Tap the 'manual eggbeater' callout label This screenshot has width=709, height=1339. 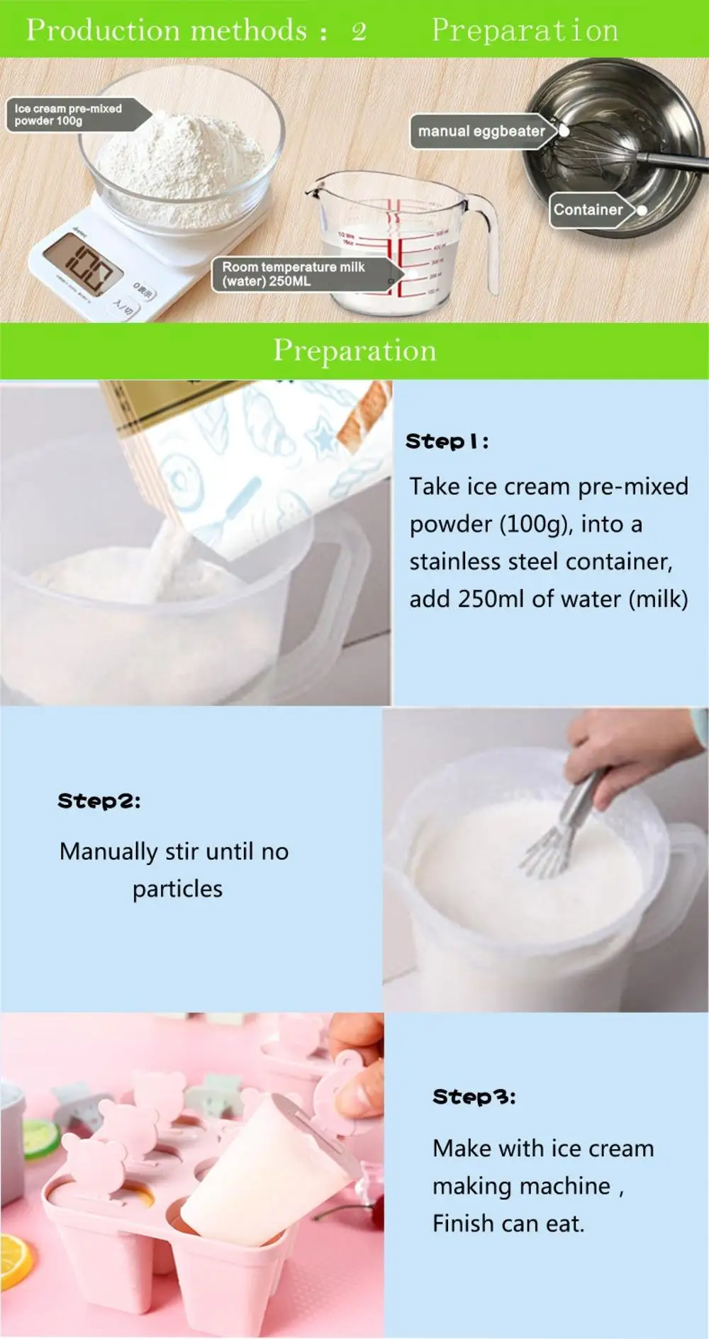(x=481, y=131)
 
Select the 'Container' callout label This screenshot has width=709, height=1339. (x=588, y=210)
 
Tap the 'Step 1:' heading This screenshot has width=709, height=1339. (x=447, y=441)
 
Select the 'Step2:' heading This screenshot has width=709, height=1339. (x=99, y=801)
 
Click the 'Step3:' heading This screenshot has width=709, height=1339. (x=474, y=1097)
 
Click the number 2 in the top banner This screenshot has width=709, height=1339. (x=359, y=31)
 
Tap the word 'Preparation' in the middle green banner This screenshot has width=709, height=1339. (x=354, y=351)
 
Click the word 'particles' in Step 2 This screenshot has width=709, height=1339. (x=177, y=889)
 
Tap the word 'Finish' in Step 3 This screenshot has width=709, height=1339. (x=464, y=1224)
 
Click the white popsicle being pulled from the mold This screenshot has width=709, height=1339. (x=269, y=1169)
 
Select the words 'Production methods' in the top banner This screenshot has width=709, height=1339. (x=167, y=30)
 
